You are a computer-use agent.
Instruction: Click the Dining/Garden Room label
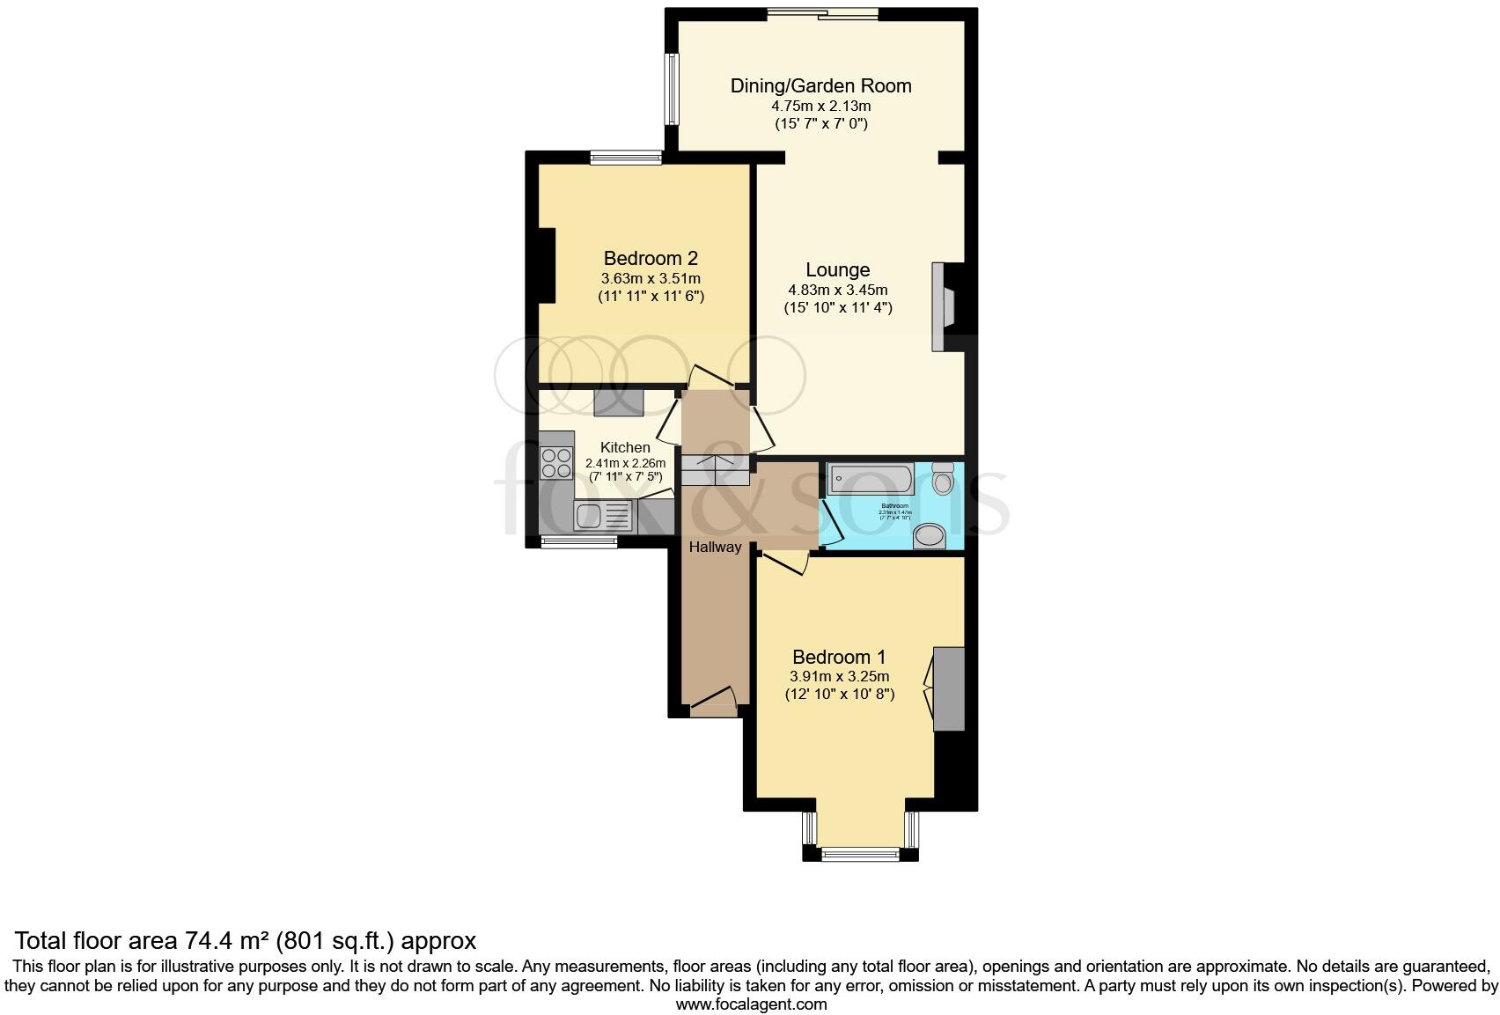coord(820,85)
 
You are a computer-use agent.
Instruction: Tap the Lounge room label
coord(837,270)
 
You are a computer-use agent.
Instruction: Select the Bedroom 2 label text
coord(651,258)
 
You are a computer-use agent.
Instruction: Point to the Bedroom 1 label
coord(839,657)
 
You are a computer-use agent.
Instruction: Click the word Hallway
coord(715,547)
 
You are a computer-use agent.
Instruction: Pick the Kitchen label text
coord(625,447)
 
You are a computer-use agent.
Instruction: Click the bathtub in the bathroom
coord(871,480)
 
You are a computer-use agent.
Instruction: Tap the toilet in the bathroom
coord(943,478)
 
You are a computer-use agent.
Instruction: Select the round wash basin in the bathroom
coord(929,535)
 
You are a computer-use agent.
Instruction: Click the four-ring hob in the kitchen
coord(555,462)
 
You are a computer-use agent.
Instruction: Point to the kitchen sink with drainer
coord(601,514)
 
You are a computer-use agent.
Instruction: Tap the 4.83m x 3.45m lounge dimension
coord(837,290)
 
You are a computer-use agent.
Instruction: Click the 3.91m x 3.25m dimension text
coord(839,676)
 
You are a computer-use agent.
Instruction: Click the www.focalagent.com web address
coord(751,1004)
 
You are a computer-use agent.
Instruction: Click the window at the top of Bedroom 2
coord(626,158)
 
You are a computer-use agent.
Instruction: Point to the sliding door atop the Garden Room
coord(822,13)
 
